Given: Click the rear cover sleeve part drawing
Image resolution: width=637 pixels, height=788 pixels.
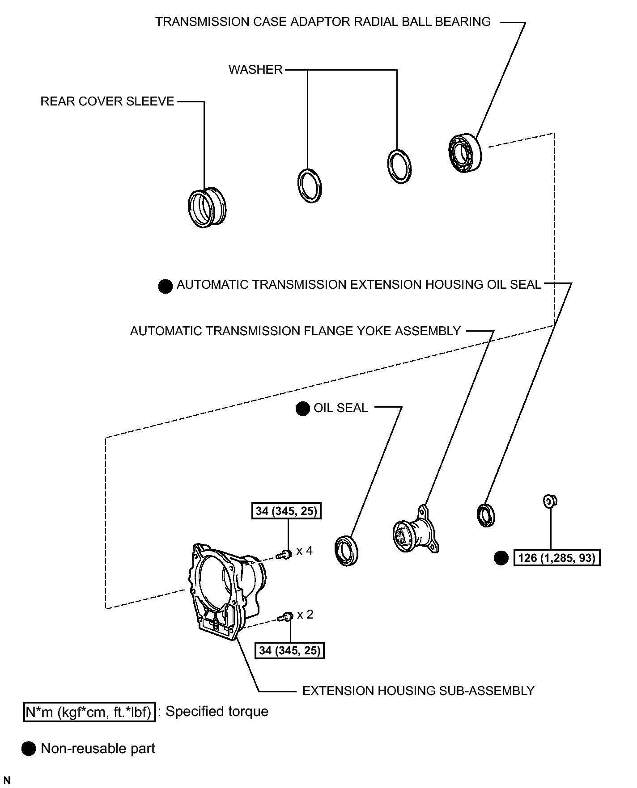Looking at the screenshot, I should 207,208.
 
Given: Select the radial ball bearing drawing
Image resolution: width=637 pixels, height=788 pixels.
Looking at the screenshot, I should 465,152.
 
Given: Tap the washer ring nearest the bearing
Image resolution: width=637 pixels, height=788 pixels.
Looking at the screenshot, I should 399,166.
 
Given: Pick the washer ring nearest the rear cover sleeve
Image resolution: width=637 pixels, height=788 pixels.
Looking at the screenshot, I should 310,185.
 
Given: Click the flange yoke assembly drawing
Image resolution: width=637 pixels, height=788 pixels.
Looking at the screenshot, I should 416,531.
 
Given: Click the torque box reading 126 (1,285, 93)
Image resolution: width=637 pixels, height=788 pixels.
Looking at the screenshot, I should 557,558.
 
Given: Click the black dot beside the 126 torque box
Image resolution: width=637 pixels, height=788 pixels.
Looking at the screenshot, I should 501,558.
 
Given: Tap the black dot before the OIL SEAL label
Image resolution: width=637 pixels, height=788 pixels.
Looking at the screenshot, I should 303,409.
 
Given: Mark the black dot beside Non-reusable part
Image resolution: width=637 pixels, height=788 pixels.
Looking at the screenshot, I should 29,749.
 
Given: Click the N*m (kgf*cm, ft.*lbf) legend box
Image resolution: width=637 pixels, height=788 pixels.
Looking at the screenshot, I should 89,712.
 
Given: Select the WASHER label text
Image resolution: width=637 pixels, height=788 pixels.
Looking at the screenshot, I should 255,70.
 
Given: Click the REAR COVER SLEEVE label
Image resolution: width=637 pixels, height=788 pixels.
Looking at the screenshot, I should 107,101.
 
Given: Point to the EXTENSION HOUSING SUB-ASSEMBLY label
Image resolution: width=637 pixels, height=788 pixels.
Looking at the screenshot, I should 418,691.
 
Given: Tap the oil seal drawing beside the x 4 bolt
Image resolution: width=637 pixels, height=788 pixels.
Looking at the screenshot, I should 347,551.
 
